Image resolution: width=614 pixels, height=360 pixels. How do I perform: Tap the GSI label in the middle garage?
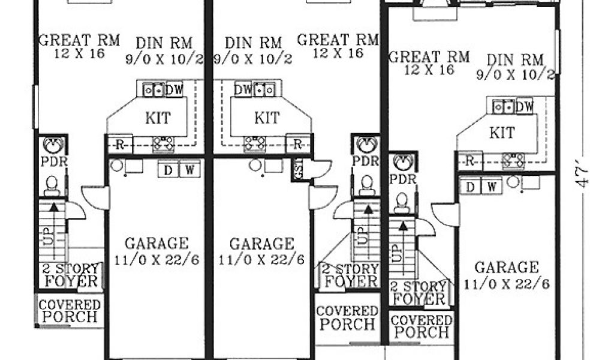pos(299,169)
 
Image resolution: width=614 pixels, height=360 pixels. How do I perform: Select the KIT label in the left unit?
pos(158,118)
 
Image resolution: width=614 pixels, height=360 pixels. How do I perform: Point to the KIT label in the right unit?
pos(502,133)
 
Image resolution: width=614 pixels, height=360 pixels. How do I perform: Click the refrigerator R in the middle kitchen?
pos(297,145)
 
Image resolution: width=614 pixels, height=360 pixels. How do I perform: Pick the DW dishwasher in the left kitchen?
pos(174,90)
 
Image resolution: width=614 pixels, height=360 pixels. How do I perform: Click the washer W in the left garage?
pos(189,170)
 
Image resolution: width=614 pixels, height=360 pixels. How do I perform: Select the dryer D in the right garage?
pos(470,187)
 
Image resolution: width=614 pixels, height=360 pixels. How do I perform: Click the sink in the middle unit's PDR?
pos(366,145)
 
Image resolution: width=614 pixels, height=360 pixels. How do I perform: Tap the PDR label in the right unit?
pos(403,179)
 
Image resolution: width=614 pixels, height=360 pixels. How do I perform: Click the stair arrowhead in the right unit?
pos(402,225)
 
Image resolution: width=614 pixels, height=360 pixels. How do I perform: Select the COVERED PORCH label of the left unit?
pos(70,311)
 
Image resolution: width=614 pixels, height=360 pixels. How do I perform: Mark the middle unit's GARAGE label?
pos(261,244)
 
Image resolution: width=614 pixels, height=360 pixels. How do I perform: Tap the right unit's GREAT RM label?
pos(428,57)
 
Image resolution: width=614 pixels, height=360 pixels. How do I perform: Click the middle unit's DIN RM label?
pos(254,43)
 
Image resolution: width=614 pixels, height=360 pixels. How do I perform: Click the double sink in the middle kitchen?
pos(264,90)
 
